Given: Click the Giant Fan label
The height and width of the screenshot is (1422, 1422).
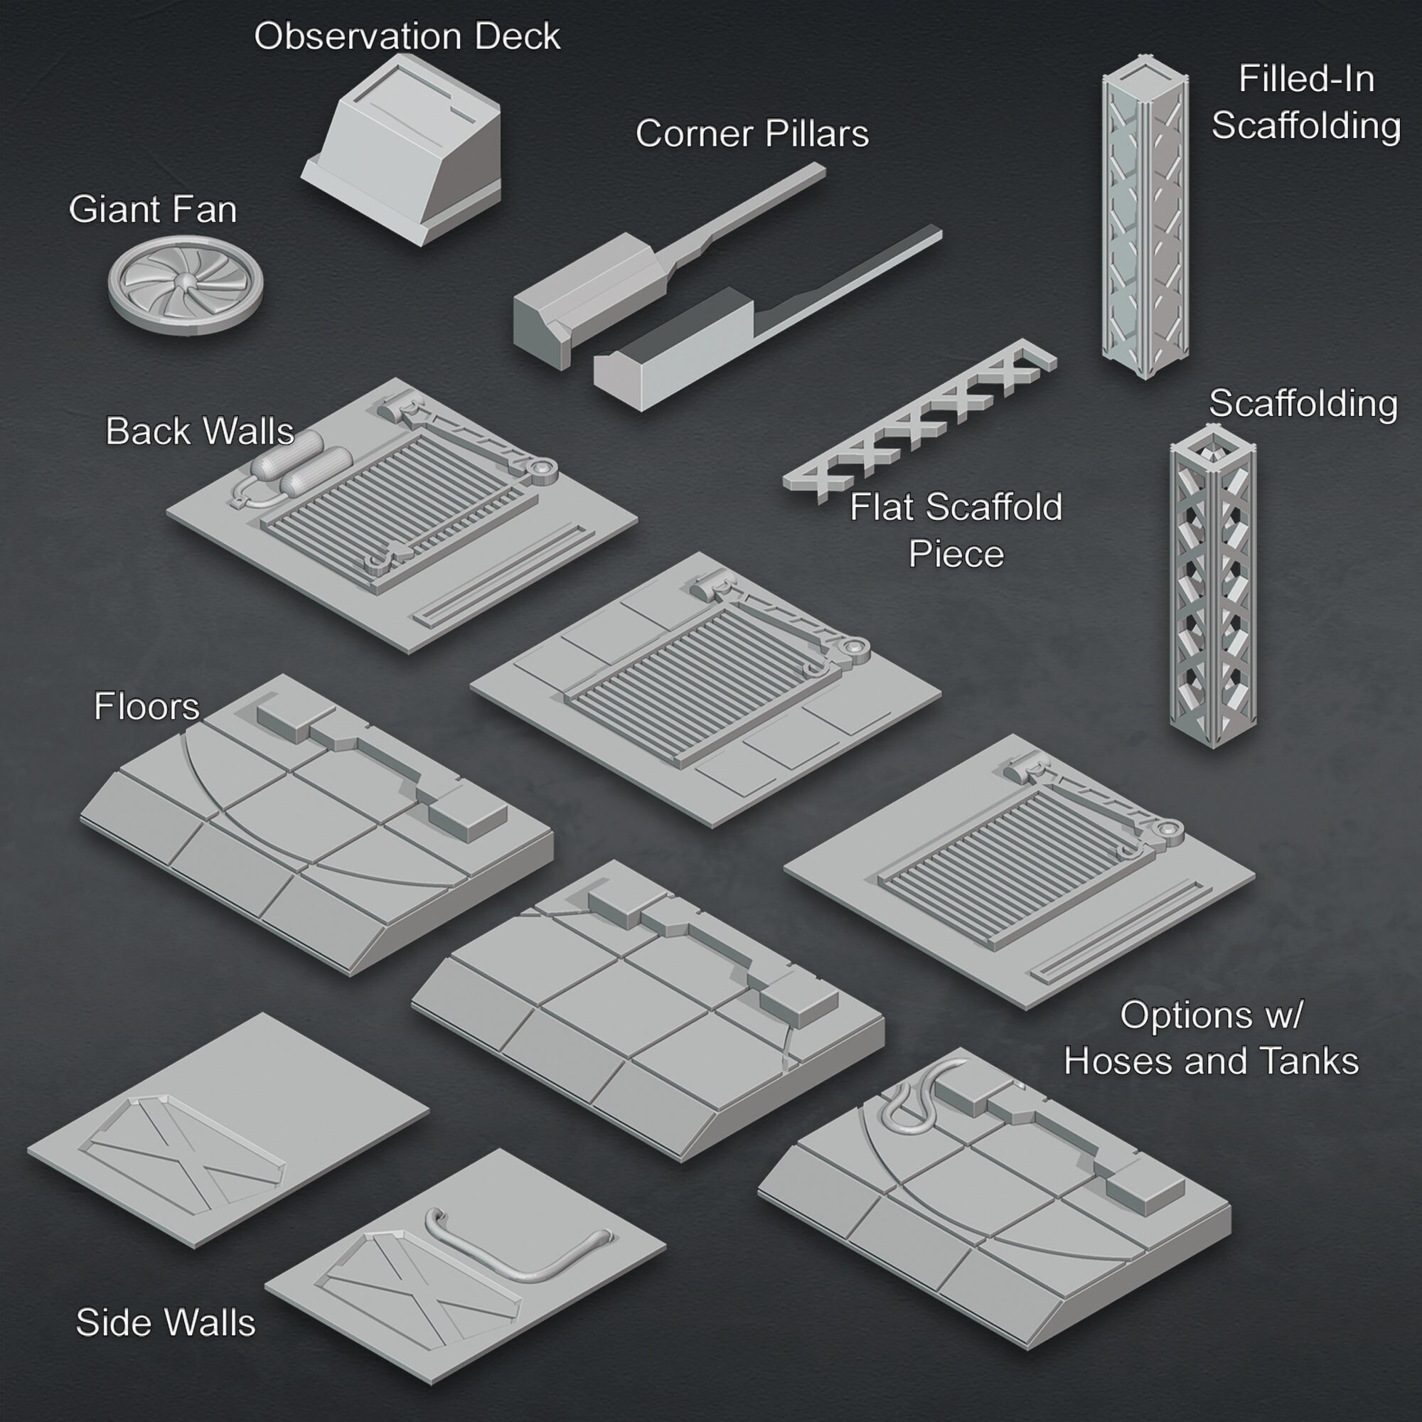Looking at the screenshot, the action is pyautogui.click(x=152, y=210).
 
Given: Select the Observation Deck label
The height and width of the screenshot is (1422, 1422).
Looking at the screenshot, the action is pyautogui.click(x=407, y=37).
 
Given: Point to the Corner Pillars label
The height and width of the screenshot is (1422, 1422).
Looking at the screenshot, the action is pyautogui.click(x=752, y=134).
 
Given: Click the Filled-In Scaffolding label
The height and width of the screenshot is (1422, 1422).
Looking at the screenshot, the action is pyautogui.click(x=1305, y=102).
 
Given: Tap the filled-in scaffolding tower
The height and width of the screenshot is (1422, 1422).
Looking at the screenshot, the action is pyautogui.click(x=1145, y=218).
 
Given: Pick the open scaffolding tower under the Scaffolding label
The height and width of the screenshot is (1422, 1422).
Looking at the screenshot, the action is pyautogui.click(x=1213, y=585).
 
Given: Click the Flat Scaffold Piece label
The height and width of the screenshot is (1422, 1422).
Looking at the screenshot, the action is pyautogui.click(x=956, y=530).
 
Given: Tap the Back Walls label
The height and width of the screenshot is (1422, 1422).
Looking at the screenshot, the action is pyautogui.click(x=200, y=432).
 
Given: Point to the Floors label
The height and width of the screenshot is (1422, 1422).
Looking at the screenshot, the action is pyautogui.click(x=146, y=707).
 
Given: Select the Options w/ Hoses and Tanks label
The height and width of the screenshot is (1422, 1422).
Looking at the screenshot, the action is pyautogui.click(x=1211, y=1039).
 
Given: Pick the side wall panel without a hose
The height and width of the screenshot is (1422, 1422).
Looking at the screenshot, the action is pyautogui.click(x=228, y=1131).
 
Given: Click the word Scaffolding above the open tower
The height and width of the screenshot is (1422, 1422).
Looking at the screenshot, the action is pyautogui.click(x=1303, y=404).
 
